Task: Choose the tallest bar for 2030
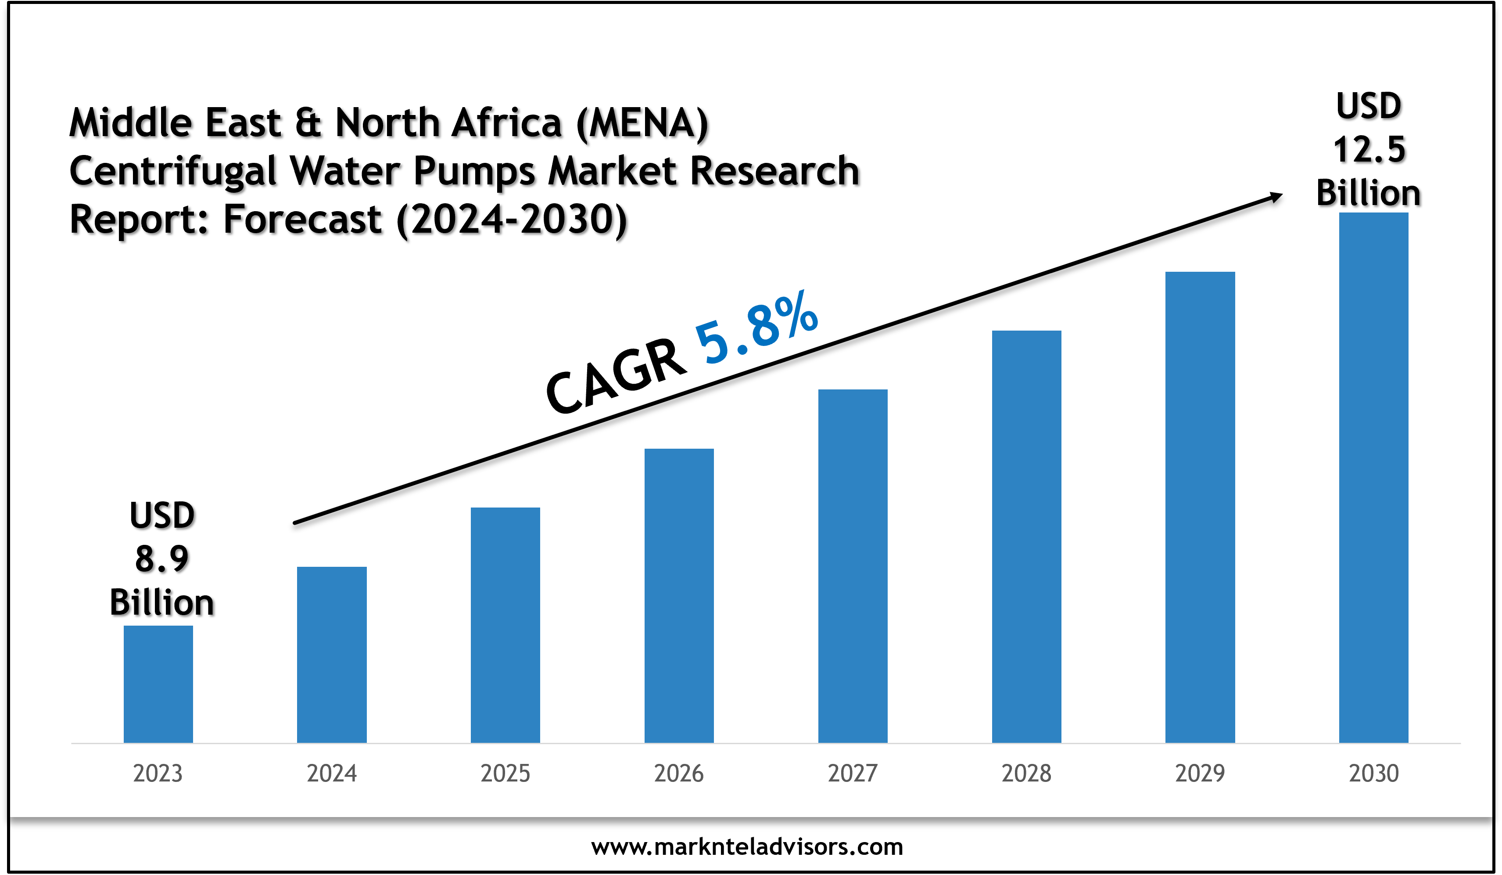pyautogui.click(x=1373, y=477)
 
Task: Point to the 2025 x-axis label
pyautogui.click(x=505, y=774)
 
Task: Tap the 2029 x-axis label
pyautogui.click(x=1200, y=774)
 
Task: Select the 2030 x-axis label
pyautogui.click(x=1373, y=774)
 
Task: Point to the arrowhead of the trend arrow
pyautogui.click(x=1276, y=197)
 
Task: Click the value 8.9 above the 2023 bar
pyautogui.click(x=161, y=559)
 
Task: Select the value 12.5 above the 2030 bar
pyautogui.click(x=1369, y=149)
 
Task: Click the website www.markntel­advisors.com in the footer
pyautogui.click(x=747, y=847)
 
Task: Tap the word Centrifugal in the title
pyautogui.click(x=173, y=171)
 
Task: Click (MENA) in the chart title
pyautogui.click(x=642, y=123)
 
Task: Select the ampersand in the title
pyautogui.click(x=308, y=123)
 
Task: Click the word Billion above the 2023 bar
pyautogui.click(x=161, y=602)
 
